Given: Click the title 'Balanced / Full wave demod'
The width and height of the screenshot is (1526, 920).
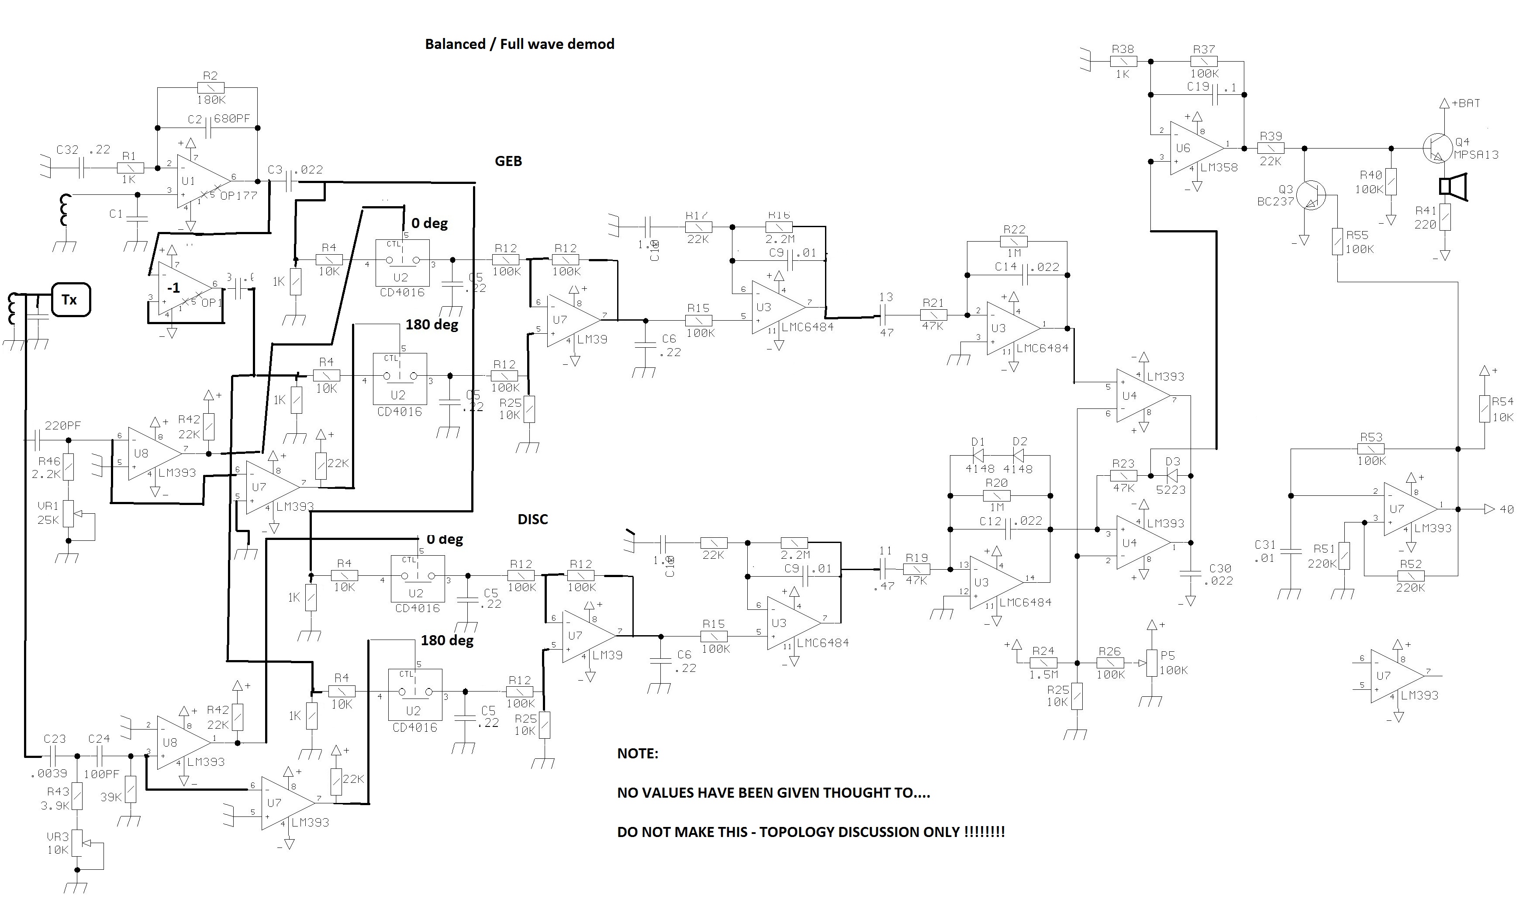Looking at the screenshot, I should tap(519, 44).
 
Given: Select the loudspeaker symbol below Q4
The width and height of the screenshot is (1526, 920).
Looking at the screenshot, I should tap(1452, 187).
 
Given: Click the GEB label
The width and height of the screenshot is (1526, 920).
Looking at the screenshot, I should tap(508, 161).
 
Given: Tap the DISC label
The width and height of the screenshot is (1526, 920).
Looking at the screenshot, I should tap(532, 519).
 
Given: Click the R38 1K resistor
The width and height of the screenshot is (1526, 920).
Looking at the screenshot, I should tap(1123, 61).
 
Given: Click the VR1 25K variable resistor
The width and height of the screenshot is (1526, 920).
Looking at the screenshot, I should tap(69, 514).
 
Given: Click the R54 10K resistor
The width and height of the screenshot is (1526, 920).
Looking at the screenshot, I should tap(1485, 409).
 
